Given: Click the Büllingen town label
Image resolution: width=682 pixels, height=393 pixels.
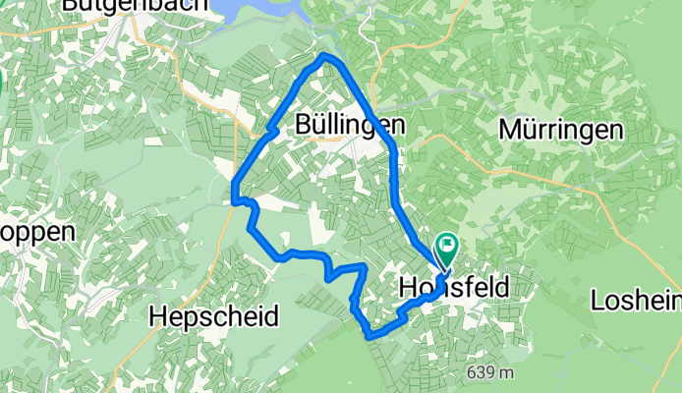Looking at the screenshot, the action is click(x=350, y=125).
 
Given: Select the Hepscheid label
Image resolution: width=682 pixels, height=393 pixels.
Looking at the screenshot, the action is click(x=213, y=316).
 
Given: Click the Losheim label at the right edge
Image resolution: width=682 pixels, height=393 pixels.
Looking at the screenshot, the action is click(x=638, y=301).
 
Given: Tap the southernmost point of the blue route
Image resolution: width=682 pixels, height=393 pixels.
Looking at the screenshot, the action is click(x=371, y=336).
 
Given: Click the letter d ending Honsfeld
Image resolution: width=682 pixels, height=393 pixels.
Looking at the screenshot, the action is click(x=530, y=287).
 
